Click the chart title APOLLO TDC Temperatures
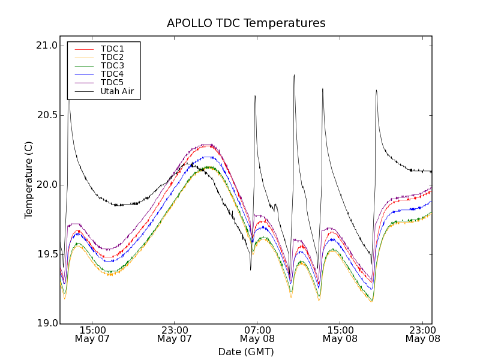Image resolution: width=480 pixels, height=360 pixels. click(x=246, y=23)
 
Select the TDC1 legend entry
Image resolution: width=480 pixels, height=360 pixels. click(x=112, y=49)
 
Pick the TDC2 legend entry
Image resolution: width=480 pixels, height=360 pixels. click(x=112, y=57)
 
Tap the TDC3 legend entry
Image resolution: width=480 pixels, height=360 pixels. click(x=112, y=65)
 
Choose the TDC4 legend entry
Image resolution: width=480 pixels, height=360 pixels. click(x=112, y=74)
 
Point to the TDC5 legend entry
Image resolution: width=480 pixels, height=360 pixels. click(x=112, y=82)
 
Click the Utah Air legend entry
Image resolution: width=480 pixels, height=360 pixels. click(x=116, y=91)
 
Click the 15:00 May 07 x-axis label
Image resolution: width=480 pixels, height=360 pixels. click(x=92, y=334)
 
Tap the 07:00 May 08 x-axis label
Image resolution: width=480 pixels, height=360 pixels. click(x=257, y=334)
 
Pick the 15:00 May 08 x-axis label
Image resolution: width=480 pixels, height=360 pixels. click(x=340, y=334)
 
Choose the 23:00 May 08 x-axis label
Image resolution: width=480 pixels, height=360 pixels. click(x=422, y=334)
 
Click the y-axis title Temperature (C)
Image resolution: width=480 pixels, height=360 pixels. click(x=29, y=180)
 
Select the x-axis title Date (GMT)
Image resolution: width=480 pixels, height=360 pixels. click(x=246, y=352)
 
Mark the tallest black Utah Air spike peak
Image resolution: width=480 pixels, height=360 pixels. click(x=294, y=75)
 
